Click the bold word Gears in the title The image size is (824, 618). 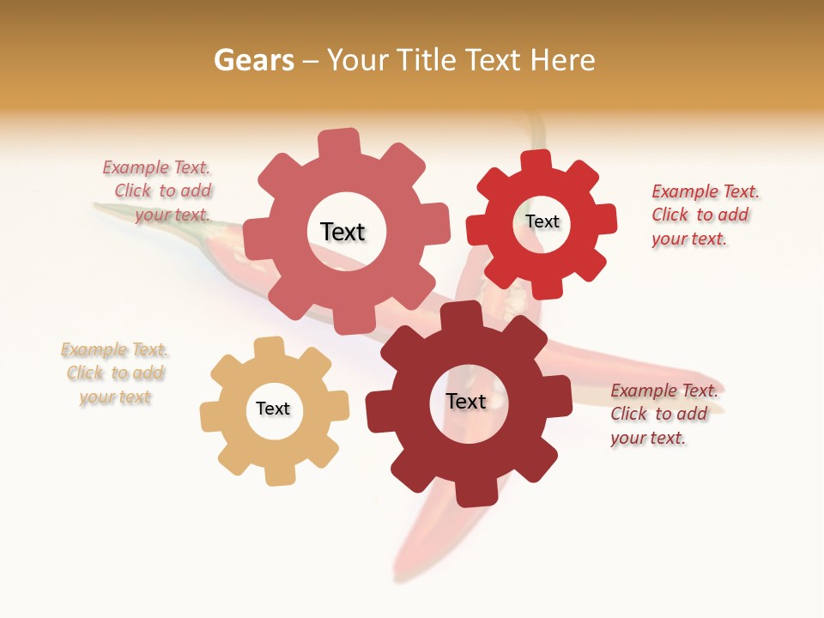[x=253, y=60]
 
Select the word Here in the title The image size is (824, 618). [x=563, y=60]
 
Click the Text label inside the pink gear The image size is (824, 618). [x=342, y=232]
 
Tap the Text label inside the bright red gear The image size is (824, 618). [x=542, y=221]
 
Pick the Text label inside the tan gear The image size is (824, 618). [x=273, y=409]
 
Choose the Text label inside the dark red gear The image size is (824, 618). [x=466, y=401]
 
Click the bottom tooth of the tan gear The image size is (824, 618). [x=278, y=475]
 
